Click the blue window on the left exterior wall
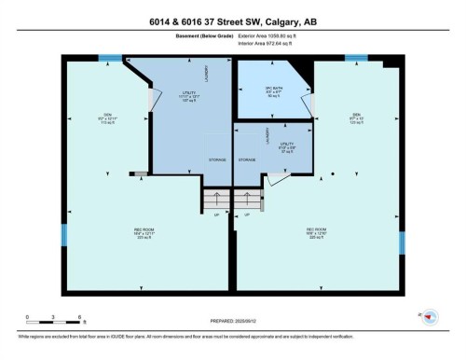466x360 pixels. point(62,237)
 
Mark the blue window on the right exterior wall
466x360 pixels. point(403,242)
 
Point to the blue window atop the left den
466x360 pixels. point(110,58)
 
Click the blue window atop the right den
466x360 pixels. point(356,58)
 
